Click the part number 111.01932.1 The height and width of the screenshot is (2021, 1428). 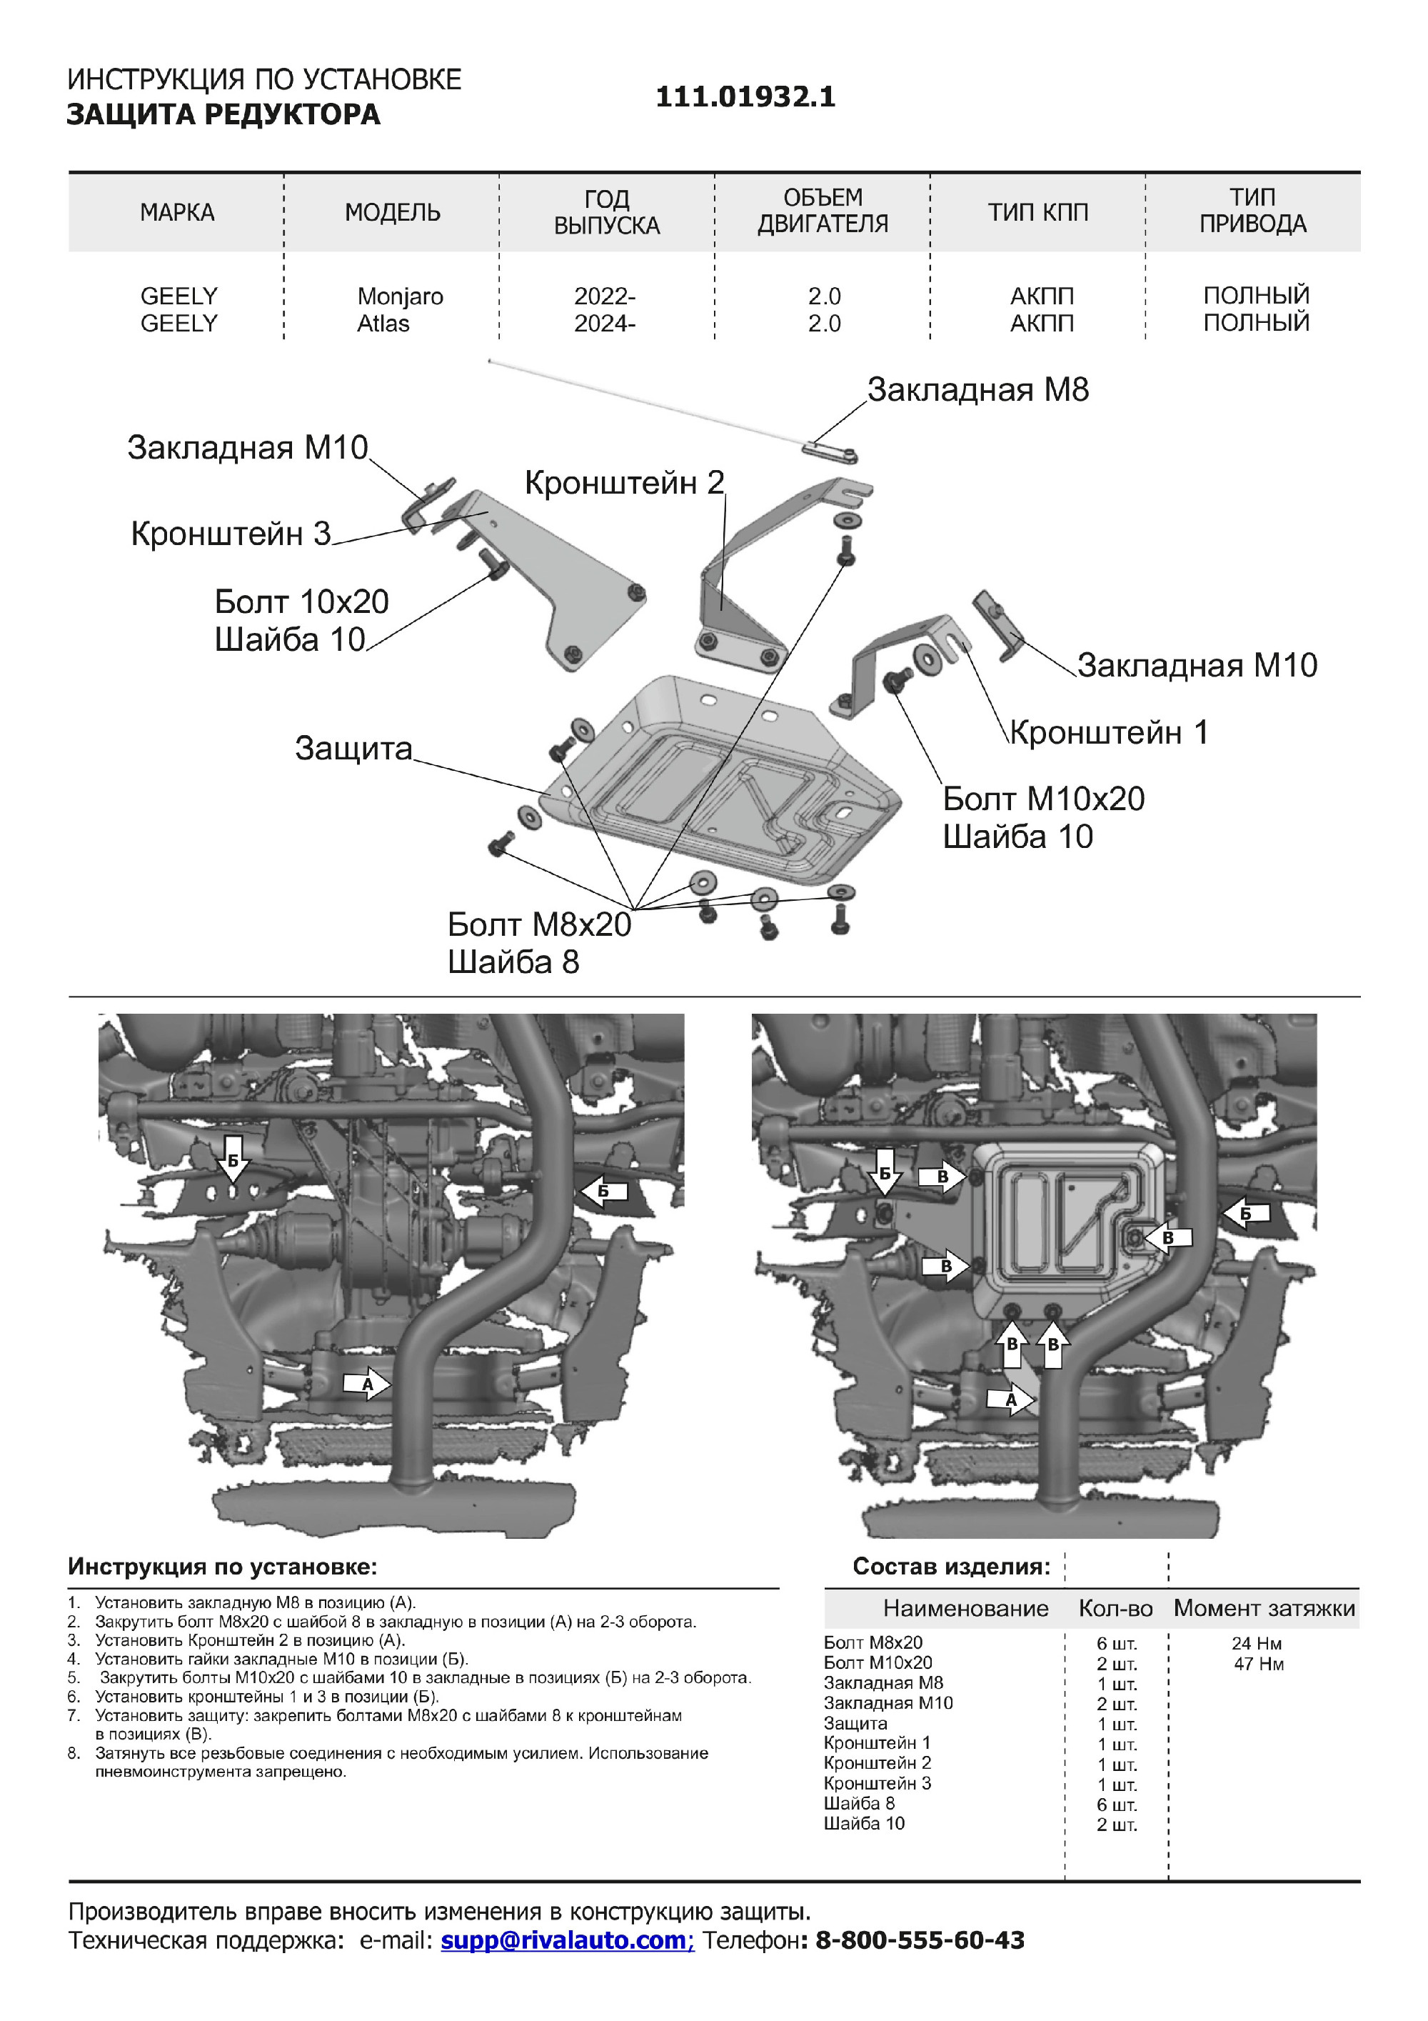point(745,97)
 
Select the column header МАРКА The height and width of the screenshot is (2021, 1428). point(177,212)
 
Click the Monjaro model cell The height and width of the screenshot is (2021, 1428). point(399,296)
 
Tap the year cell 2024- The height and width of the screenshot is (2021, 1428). point(605,324)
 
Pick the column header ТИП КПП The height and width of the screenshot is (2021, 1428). point(1037,212)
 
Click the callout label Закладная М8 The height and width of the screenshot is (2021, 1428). point(977,390)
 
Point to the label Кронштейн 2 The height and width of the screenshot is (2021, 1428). point(624,482)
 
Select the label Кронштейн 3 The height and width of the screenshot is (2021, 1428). point(231,534)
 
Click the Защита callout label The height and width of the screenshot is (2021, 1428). point(353,748)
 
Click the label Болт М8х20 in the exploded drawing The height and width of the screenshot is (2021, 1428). point(538,924)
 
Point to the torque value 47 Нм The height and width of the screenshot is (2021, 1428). point(1258,1664)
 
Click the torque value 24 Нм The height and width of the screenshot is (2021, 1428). point(1257,1643)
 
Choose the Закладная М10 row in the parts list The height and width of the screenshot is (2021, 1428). point(888,1703)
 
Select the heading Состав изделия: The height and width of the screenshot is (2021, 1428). point(951,1567)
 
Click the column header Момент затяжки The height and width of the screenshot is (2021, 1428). point(1264,1609)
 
